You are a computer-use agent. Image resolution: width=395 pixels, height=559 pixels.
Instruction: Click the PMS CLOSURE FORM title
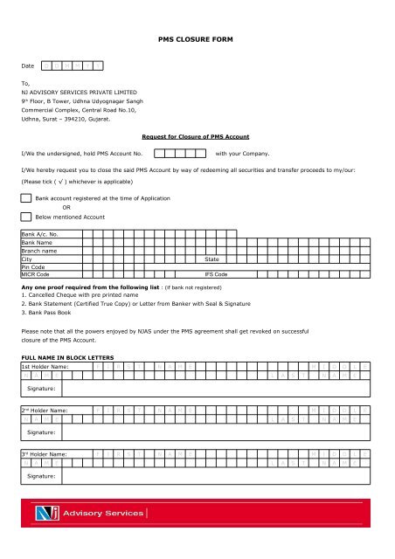(197, 39)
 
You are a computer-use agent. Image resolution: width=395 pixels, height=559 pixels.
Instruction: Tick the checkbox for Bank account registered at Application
(27, 200)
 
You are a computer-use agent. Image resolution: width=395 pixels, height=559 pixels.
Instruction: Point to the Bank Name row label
(38, 243)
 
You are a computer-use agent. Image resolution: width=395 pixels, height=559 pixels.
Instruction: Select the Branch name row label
(41, 251)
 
